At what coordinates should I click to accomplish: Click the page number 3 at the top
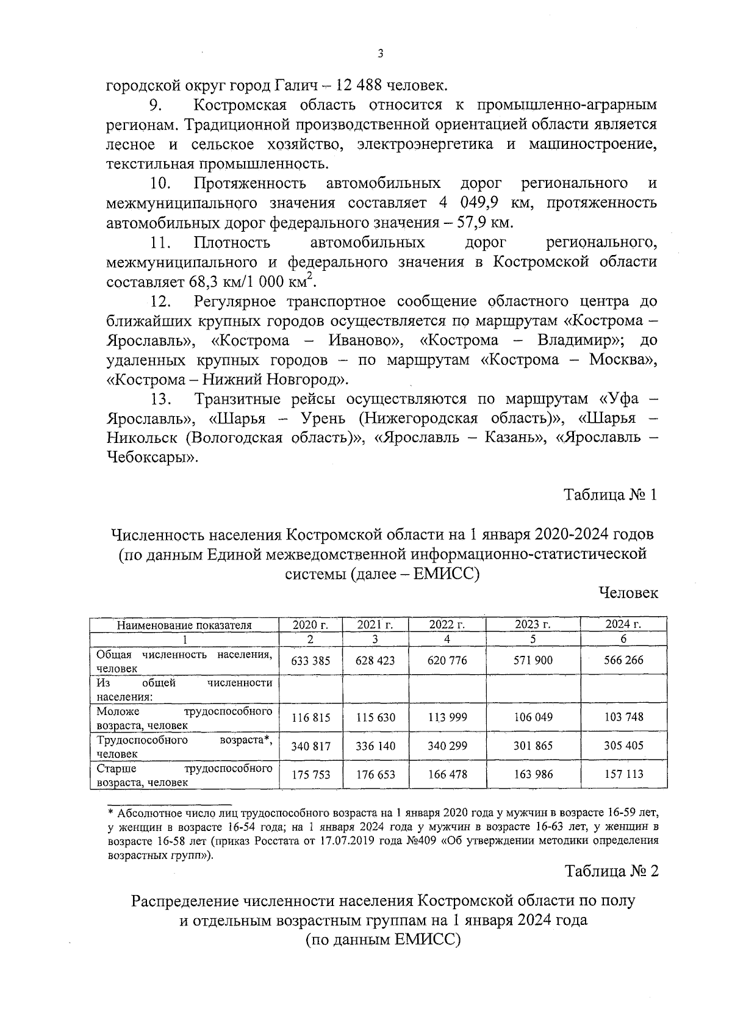pyautogui.click(x=381, y=54)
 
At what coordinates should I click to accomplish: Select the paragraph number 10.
pyautogui.click(x=161, y=183)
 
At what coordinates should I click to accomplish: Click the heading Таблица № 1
pyautogui.click(x=611, y=494)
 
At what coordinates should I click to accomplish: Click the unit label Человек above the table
pyautogui.click(x=628, y=593)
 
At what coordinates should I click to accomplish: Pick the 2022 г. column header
pyautogui.click(x=447, y=624)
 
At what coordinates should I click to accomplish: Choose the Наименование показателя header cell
pyautogui.click(x=184, y=625)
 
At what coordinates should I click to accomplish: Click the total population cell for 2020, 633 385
pyautogui.click(x=310, y=661)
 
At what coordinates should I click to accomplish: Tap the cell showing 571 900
pyautogui.click(x=533, y=661)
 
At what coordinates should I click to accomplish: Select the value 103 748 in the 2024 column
pyautogui.click(x=623, y=717)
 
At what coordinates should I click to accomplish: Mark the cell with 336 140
pyautogui.click(x=376, y=746)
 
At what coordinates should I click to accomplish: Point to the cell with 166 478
pyautogui.click(x=447, y=775)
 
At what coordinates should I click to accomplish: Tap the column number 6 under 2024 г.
pyautogui.click(x=623, y=639)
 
